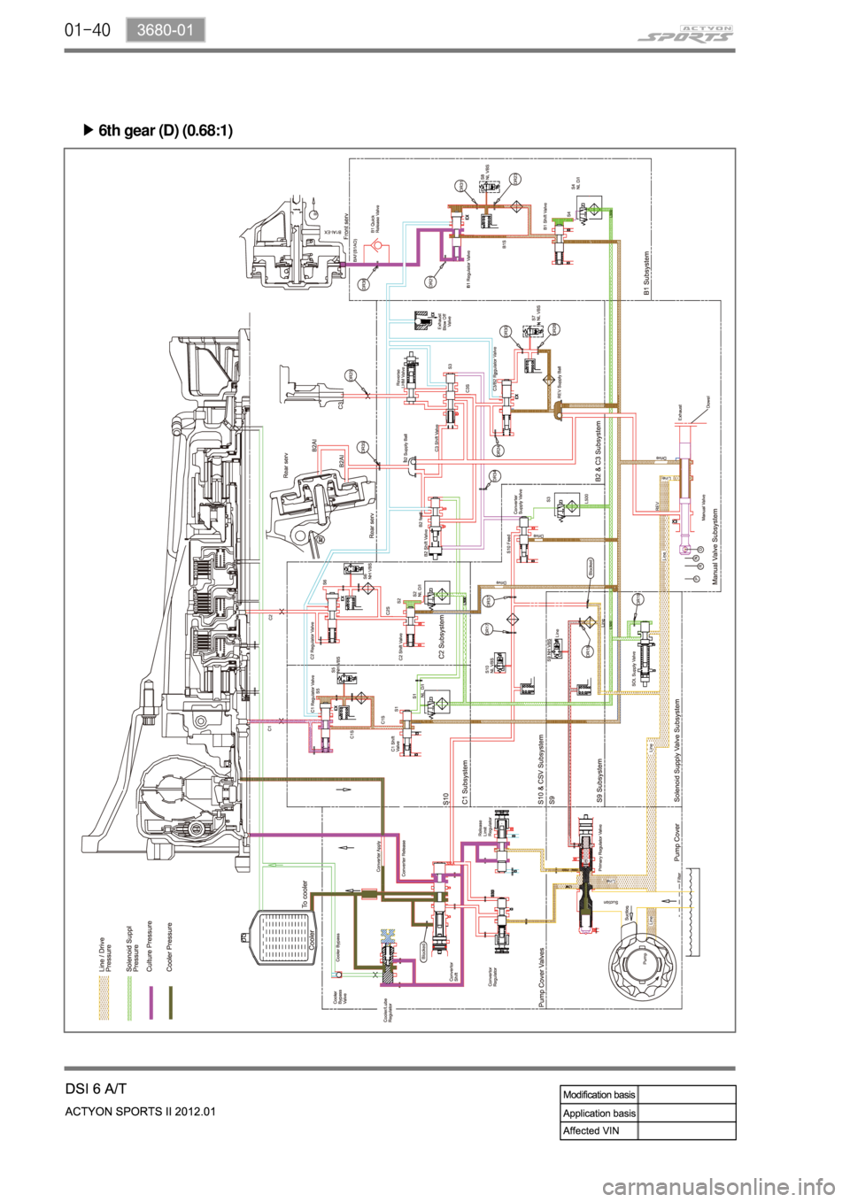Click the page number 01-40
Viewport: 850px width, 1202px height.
click(87, 30)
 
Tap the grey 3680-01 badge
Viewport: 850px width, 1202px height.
click(165, 30)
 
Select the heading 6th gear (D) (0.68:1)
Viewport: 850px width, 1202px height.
click(166, 131)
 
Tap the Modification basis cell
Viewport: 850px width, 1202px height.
click(599, 1095)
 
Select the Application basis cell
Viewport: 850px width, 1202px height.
click(599, 1113)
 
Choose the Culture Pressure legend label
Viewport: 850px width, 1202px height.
click(150, 946)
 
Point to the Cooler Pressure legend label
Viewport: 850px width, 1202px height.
click(170, 948)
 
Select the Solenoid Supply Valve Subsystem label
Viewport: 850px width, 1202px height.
click(676, 751)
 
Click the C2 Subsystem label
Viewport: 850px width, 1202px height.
click(444, 638)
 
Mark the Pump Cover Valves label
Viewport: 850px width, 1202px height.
click(542, 978)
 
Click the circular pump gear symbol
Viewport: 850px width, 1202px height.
click(644, 959)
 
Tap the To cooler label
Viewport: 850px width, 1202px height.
click(305, 895)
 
